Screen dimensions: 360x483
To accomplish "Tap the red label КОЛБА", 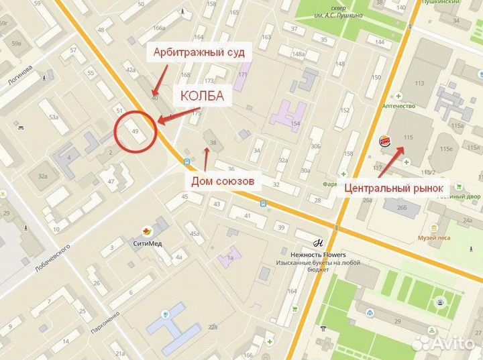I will click(x=201, y=97).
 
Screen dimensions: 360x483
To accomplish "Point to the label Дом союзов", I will click(x=223, y=181).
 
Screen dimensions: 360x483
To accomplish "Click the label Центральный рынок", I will click(x=394, y=188).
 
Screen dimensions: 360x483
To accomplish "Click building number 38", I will click(x=213, y=143).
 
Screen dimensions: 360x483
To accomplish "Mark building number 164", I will click(x=292, y=291).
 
